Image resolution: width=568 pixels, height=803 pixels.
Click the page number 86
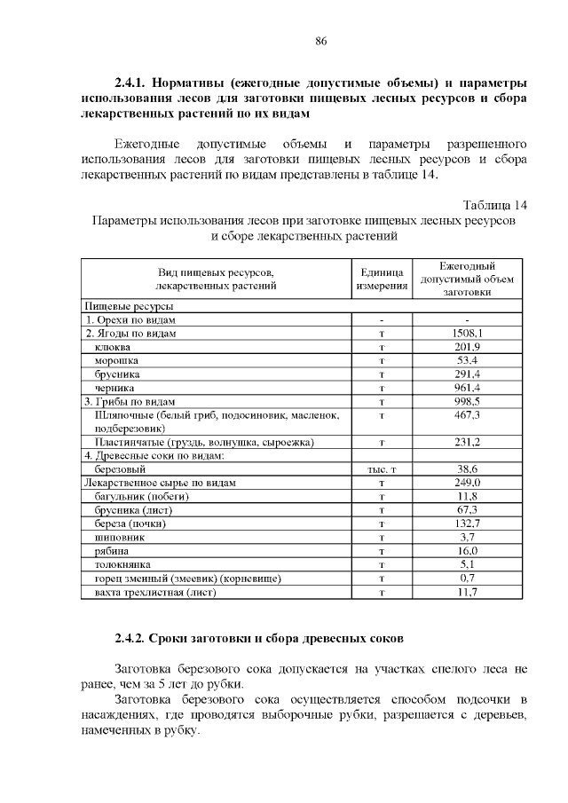321,41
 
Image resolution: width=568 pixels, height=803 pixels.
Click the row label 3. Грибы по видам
130,401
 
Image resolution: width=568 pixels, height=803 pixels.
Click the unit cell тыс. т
381,469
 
